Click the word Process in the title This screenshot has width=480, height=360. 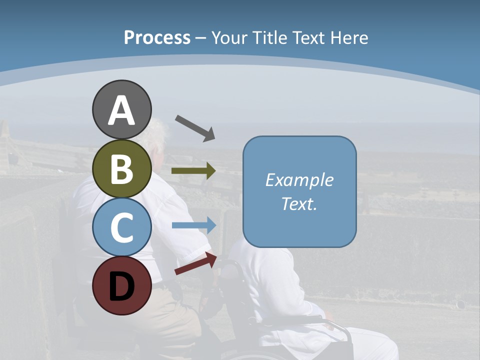(x=157, y=37)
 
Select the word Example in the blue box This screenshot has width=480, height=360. (x=299, y=180)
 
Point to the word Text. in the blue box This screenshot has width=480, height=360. (x=299, y=203)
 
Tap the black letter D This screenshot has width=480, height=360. (x=121, y=286)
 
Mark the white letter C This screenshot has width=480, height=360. (x=121, y=227)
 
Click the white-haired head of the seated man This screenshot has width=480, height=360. (x=156, y=135)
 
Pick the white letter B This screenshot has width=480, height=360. (x=121, y=169)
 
